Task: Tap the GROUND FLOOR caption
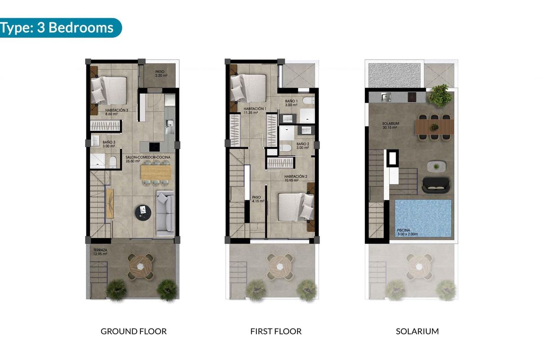(x=134, y=332)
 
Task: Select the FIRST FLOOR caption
(x=276, y=332)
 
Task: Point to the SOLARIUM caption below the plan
(x=417, y=332)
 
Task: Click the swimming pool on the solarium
(x=423, y=219)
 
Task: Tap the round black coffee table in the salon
(x=143, y=211)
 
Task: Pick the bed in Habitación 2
(x=295, y=206)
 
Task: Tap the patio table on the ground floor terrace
(x=140, y=265)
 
